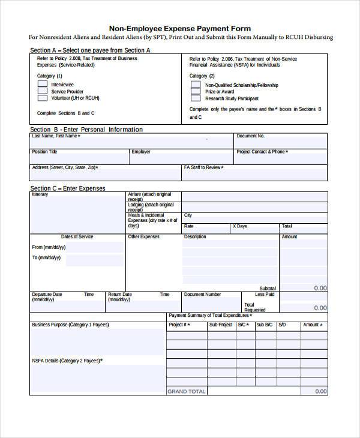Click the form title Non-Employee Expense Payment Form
[x=179, y=28]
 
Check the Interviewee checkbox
[x=43, y=85]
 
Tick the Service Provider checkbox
[x=43, y=91]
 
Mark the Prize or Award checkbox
[x=196, y=92]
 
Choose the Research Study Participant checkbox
[x=196, y=98]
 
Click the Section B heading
[x=86, y=130]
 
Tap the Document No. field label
[x=250, y=136]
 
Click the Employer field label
[x=141, y=152]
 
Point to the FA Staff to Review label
[x=204, y=167]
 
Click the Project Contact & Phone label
[x=262, y=152]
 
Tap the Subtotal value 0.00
[x=320, y=288]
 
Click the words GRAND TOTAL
[x=186, y=391]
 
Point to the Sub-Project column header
[x=220, y=325]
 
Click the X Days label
[x=239, y=226]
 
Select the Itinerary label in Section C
[x=40, y=195]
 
